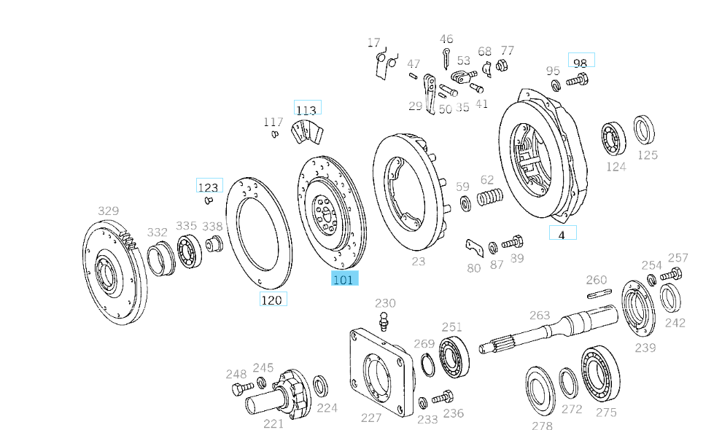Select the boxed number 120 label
pyautogui.click(x=273, y=299)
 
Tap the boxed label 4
pyautogui.click(x=562, y=234)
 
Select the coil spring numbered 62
pyautogui.click(x=491, y=198)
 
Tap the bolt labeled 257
pyautogui.click(x=672, y=275)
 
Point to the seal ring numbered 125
pyautogui.click(x=643, y=130)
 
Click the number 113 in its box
pyautogui.click(x=306, y=109)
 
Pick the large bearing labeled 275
pyautogui.click(x=599, y=374)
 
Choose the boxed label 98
pyautogui.click(x=581, y=63)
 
